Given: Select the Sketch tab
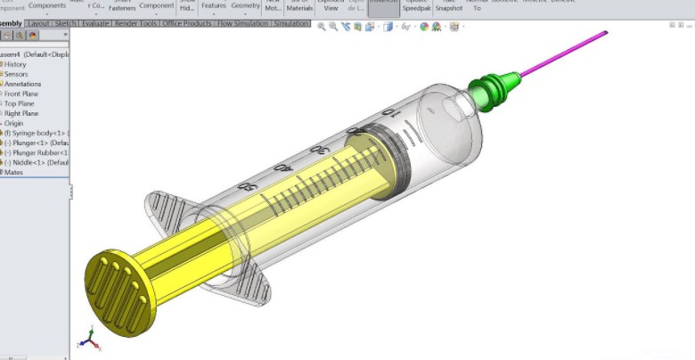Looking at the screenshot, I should (66, 24).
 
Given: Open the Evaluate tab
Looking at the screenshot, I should (95, 24).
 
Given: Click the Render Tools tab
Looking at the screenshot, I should (135, 24).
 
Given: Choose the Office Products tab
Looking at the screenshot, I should (188, 24).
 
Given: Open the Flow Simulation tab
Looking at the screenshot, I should (243, 24).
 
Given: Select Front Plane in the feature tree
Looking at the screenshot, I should (21, 94).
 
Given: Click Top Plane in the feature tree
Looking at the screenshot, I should (20, 103).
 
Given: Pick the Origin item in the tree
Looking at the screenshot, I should (15, 123).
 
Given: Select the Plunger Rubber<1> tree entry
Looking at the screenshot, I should (36, 152).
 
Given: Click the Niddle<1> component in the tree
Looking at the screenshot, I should (36, 162).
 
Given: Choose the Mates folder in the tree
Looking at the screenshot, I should (13, 172).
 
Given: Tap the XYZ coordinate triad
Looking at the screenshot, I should (88, 339).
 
